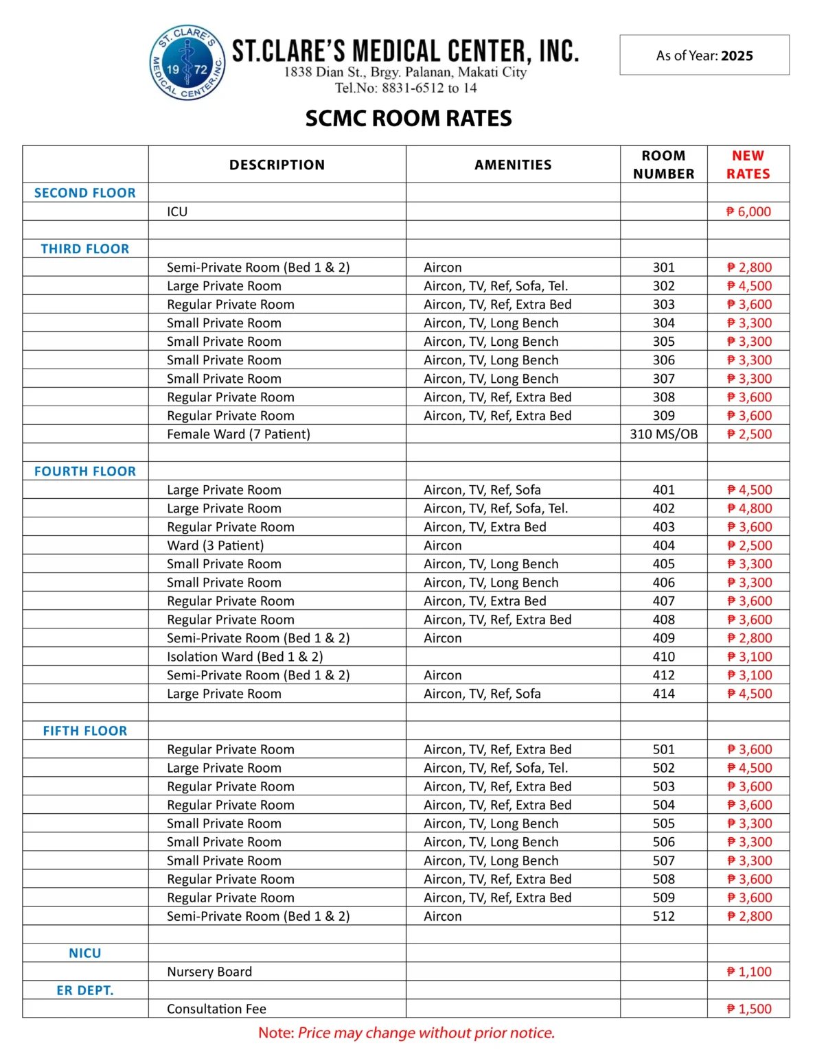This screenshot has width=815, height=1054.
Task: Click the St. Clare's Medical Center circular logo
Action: [x=187, y=63]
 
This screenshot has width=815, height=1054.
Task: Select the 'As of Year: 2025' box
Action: [x=704, y=56]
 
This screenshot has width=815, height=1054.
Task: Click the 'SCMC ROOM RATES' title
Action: [x=409, y=119]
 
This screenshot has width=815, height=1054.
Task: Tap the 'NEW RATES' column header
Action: [x=748, y=165]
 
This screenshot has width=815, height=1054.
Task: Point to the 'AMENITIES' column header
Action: [x=513, y=165]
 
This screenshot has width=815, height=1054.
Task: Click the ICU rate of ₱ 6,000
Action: [x=748, y=212]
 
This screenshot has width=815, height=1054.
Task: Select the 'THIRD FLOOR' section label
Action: [x=85, y=249]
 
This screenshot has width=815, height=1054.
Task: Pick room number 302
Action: [x=663, y=286]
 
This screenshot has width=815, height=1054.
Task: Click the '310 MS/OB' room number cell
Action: [x=663, y=434]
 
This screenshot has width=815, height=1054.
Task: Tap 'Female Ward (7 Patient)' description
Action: [x=238, y=434]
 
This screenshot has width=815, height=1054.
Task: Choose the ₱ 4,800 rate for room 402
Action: [x=749, y=508]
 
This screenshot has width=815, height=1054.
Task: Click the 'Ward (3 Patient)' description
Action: [x=215, y=546]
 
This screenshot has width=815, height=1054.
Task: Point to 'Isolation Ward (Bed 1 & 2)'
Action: [x=244, y=657]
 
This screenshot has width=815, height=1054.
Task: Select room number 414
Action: [x=663, y=694]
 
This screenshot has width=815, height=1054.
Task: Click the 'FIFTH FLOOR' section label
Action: [x=85, y=731]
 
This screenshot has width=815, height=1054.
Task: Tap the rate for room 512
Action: [x=749, y=916]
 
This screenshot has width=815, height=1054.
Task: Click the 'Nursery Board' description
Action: [x=209, y=972]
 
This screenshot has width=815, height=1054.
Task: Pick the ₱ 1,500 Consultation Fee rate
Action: [x=749, y=1009]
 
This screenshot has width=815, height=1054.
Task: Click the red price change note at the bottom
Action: [x=406, y=1033]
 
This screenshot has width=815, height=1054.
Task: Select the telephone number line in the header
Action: [x=406, y=88]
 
